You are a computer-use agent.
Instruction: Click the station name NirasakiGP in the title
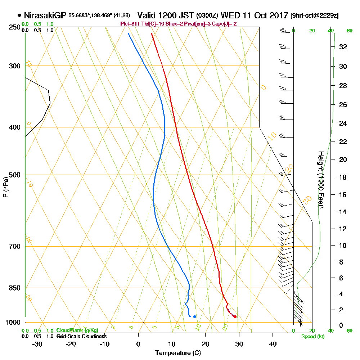coord(44,15)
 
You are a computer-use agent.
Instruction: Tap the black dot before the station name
coord(19,15)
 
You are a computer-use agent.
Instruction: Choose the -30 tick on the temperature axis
coord(37,344)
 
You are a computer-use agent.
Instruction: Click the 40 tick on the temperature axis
coord(273,344)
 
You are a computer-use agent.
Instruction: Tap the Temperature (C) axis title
coord(178,353)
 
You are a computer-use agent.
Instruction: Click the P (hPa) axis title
coord(5,186)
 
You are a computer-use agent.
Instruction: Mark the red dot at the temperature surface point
coord(235,317)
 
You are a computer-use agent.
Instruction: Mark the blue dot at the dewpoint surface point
coord(194,317)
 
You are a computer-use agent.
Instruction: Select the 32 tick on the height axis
coord(343,47)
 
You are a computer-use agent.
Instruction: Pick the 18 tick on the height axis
coord(343,177)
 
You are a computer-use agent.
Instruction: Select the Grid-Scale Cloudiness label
coord(81,336)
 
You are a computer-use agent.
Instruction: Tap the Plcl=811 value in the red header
coord(128,24)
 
